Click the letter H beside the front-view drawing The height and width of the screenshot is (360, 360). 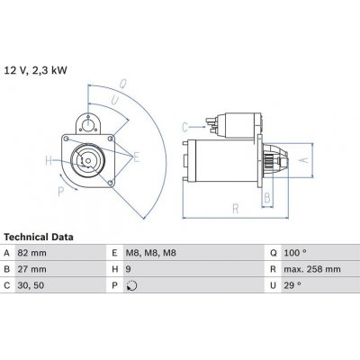[x=49, y=162]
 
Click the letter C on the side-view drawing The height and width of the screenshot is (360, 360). [x=184, y=126]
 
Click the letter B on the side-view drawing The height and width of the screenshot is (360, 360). [x=266, y=197]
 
